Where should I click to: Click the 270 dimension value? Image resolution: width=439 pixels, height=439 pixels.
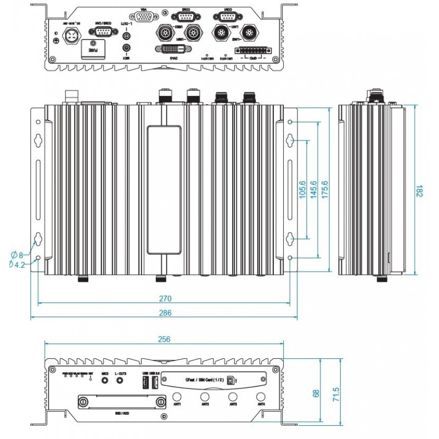(x=166, y=299)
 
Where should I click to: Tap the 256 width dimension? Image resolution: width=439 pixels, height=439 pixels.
(x=164, y=339)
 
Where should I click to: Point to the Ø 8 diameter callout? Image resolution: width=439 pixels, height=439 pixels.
(x=17, y=255)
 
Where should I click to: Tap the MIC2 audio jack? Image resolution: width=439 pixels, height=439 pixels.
(x=104, y=380)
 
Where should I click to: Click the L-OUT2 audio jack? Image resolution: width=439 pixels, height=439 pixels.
(x=120, y=380)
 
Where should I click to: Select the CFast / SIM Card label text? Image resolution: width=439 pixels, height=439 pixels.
(x=204, y=380)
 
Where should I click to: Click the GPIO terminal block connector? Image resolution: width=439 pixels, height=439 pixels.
(x=254, y=50)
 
